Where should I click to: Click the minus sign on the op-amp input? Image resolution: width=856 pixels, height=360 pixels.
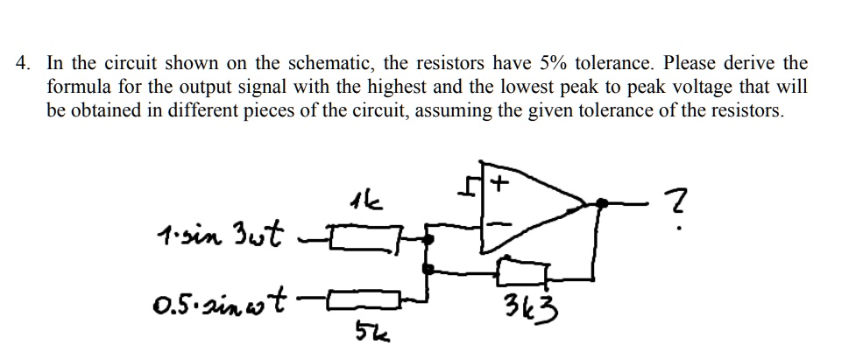point(496,225)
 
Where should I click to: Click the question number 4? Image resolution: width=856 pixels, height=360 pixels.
point(24,63)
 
